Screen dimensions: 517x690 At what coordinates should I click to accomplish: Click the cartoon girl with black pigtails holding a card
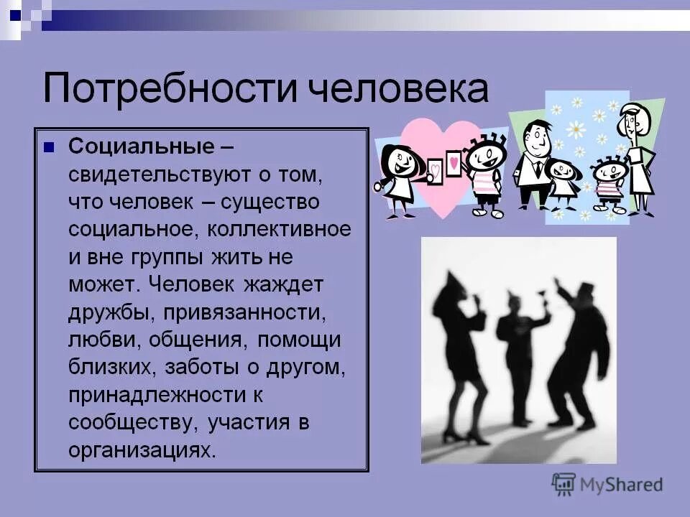click(x=397, y=176)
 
